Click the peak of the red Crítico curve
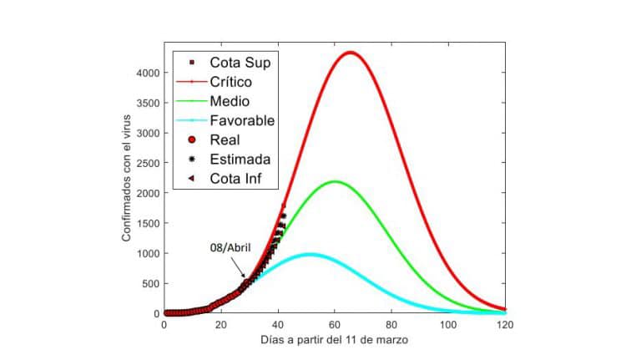351,53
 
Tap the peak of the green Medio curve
335,181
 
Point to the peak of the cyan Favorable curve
310,254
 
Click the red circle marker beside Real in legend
192,139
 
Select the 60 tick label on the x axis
334,325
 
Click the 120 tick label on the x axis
505,325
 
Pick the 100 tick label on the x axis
448,325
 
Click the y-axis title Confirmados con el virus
127,180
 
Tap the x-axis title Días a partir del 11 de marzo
334,342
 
